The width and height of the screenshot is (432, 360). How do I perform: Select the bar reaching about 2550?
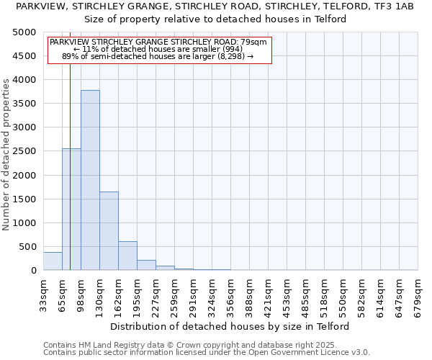71,209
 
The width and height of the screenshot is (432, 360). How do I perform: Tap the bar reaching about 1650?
109,230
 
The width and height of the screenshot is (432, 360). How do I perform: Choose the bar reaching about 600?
127,256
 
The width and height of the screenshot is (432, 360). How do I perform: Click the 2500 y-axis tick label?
25,151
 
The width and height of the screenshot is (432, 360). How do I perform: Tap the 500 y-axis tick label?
28,247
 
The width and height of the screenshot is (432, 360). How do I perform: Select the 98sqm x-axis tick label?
81,292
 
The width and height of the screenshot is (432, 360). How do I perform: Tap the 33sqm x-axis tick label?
43,292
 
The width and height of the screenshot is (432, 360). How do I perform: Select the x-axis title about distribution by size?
230,326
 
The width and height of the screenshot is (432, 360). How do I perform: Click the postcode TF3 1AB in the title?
397,6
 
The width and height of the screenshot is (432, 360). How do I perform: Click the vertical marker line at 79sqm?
70,166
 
